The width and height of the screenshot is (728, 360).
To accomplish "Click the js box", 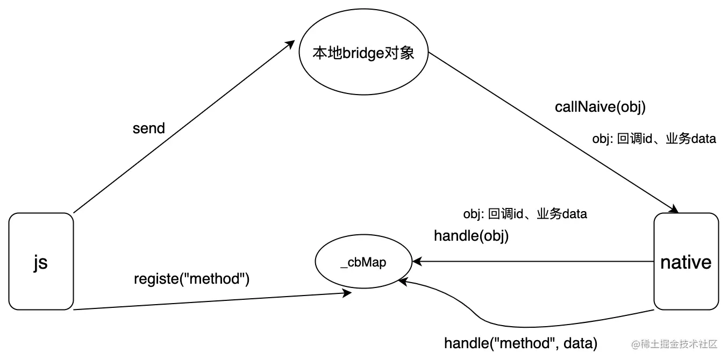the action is pos(41,261).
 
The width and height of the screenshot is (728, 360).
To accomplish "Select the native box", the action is pos(686,261).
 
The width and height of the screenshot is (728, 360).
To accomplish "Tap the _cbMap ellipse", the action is pos(363,261).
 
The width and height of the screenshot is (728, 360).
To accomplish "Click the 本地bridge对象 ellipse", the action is pos(363,52).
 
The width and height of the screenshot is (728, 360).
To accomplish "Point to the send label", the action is pos(149,128).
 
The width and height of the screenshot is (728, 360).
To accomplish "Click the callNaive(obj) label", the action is pos(600,107).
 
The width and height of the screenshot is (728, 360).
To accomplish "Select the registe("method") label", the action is pos(192,279).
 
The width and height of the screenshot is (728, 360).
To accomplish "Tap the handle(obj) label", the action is pos(471,236).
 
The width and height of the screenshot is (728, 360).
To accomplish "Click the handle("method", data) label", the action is pos(520,343).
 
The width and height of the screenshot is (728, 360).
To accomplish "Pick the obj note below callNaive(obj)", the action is pos(654,139).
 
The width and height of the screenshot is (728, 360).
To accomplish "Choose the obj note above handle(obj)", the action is pos(525,214).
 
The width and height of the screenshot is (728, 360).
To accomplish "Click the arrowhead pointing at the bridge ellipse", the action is pos(290,45).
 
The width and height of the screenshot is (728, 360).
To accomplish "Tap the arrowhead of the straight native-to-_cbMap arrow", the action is pos(417,261).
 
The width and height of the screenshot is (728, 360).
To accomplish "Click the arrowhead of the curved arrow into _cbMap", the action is pos(403,282).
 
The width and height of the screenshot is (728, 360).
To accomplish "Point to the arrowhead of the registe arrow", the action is pos(347,293).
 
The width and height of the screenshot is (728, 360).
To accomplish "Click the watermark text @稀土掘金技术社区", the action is pos(674,344).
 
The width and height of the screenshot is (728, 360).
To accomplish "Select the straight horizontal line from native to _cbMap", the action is pos(533,261).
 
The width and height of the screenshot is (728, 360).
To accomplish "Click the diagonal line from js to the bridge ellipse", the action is pos(184,127).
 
